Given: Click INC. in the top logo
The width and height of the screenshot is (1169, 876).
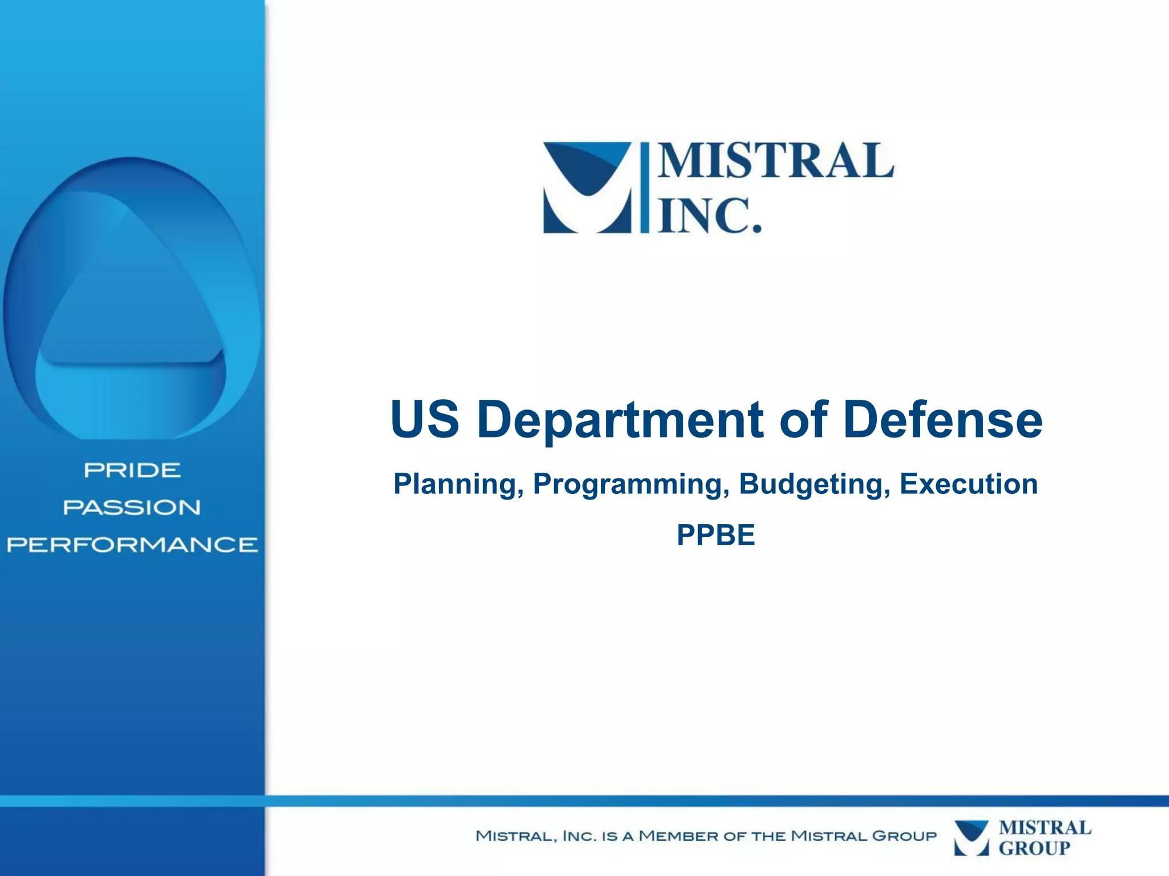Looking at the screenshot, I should [x=710, y=216].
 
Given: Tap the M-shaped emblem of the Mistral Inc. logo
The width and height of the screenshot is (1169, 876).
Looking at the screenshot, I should [x=587, y=188].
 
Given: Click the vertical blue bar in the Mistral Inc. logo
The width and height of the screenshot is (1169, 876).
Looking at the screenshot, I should [x=644, y=188].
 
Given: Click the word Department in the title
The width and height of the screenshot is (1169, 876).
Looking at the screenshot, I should [x=620, y=420].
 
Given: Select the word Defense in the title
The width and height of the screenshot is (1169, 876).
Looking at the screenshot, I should [x=942, y=420].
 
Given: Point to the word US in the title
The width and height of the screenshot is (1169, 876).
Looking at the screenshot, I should [x=425, y=420].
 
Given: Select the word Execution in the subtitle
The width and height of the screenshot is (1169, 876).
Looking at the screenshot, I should [x=969, y=484].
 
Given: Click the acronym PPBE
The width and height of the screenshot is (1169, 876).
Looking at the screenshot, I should [x=716, y=535].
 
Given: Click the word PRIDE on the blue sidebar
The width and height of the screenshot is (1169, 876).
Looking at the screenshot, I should [x=132, y=471].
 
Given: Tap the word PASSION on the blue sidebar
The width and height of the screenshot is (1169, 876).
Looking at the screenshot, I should [x=132, y=508].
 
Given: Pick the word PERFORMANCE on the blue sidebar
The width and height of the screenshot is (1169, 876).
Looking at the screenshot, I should [x=132, y=545].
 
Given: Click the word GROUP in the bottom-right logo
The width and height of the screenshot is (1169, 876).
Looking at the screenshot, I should [x=1034, y=848].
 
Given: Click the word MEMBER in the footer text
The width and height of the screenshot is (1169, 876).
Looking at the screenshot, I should [x=678, y=836].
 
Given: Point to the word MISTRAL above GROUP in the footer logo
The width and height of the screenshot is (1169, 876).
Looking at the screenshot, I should [x=1045, y=828].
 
